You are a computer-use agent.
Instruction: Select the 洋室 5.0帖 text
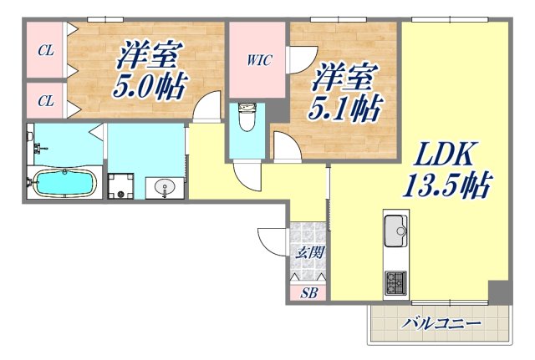(x=150, y=70)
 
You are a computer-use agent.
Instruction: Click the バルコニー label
(x=439, y=323)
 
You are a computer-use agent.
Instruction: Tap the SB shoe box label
(x=308, y=293)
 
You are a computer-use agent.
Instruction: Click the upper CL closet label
(x=45, y=50)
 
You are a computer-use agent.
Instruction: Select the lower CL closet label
(x=45, y=101)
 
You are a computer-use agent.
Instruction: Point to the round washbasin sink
(x=161, y=187)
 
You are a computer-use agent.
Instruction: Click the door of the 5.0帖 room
(x=201, y=108)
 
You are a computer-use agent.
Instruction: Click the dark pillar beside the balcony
(x=499, y=292)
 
